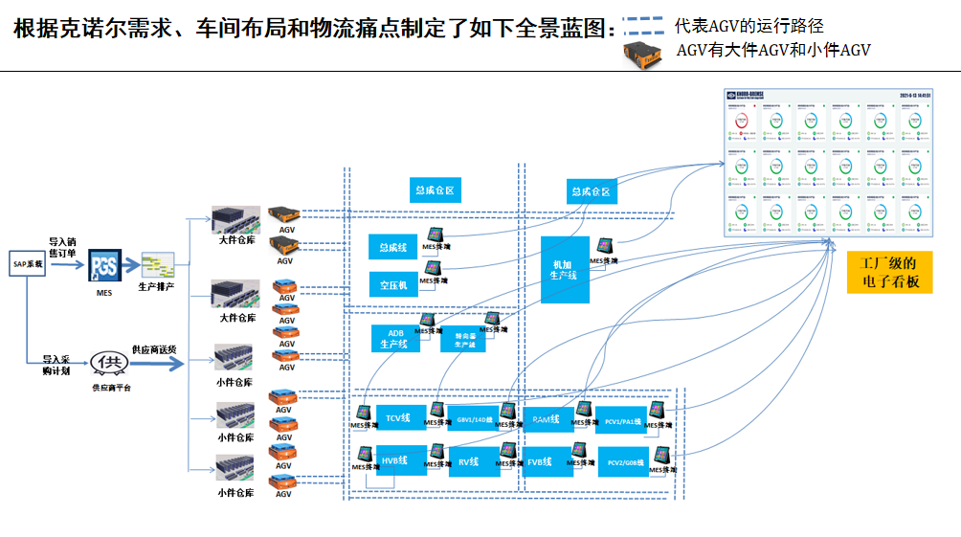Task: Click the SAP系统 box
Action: [x=28, y=263]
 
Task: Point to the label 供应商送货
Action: [x=153, y=349]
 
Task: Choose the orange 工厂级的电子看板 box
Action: [x=889, y=272]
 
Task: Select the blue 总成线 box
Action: [x=392, y=248]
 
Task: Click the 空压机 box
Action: [x=392, y=284]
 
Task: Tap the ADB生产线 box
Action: [x=395, y=338]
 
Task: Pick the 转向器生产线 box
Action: [x=464, y=341]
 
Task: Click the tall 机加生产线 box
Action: [x=565, y=269]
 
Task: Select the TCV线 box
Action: [x=399, y=417]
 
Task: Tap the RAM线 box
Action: [x=548, y=418]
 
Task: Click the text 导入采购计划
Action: [x=57, y=365]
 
